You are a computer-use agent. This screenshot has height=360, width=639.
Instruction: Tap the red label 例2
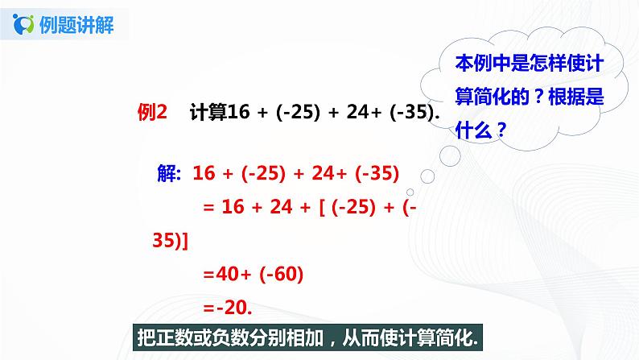click(x=152, y=114)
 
